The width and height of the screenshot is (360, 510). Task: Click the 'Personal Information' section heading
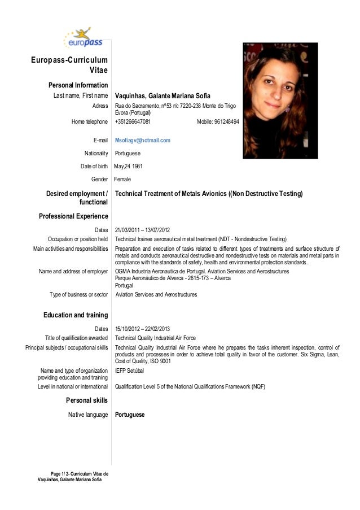(x=78, y=85)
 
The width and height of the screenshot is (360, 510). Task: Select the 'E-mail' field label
(x=100, y=140)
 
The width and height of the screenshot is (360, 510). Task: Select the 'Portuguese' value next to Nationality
(x=128, y=153)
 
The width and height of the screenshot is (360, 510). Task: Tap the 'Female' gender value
(x=122, y=179)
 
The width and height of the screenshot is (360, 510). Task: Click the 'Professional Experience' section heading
(x=73, y=216)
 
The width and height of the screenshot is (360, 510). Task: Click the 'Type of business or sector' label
(x=78, y=294)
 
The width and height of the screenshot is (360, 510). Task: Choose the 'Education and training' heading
(x=76, y=315)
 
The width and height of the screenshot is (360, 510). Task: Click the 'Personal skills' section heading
(x=87, y=400)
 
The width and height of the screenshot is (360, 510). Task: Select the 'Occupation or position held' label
(x=78, y=238)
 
